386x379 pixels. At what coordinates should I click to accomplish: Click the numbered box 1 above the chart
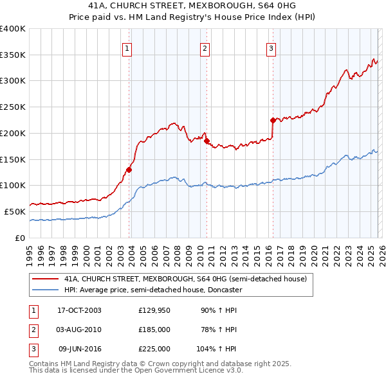[x=127, y=48]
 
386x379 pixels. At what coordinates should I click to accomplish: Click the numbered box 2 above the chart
[x=205, y=48]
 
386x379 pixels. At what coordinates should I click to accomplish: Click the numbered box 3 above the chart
[x=271, y=48]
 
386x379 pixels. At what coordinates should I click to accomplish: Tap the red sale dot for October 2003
[x=129, y=170]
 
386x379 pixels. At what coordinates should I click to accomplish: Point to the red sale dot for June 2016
[x=273, y=120]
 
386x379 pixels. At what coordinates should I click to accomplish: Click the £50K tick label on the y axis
[x=15, y=211]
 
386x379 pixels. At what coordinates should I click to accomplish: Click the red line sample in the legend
[x=45, y=279]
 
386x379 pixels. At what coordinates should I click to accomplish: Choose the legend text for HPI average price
[x=153, y=290]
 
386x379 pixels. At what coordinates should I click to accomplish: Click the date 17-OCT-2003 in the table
[x=80, y=310]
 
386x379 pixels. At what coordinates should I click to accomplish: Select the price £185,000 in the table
[x=154, y=330]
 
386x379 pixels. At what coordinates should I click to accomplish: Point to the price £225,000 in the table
[x=154, y=349]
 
